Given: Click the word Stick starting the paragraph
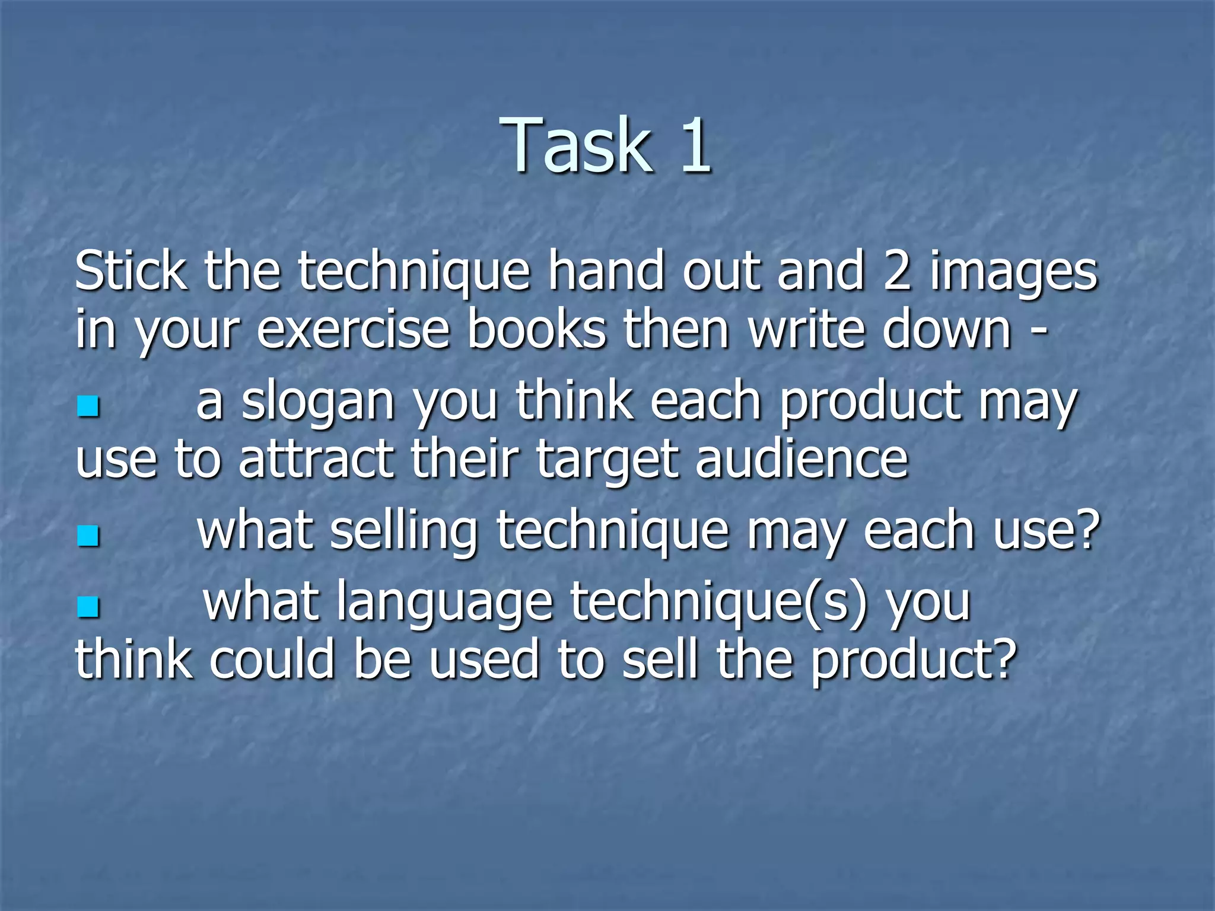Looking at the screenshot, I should pyautogui.click(x=131, y=271).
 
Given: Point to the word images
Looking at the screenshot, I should pyautogui.click(x=1013, y=274).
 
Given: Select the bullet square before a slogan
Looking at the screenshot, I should pyautogui.click(x=88, y=406).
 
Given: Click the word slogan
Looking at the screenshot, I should pyautogui.click(x=318, y=403).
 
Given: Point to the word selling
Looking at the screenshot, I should pyautogui.click(x=403, y=531).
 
